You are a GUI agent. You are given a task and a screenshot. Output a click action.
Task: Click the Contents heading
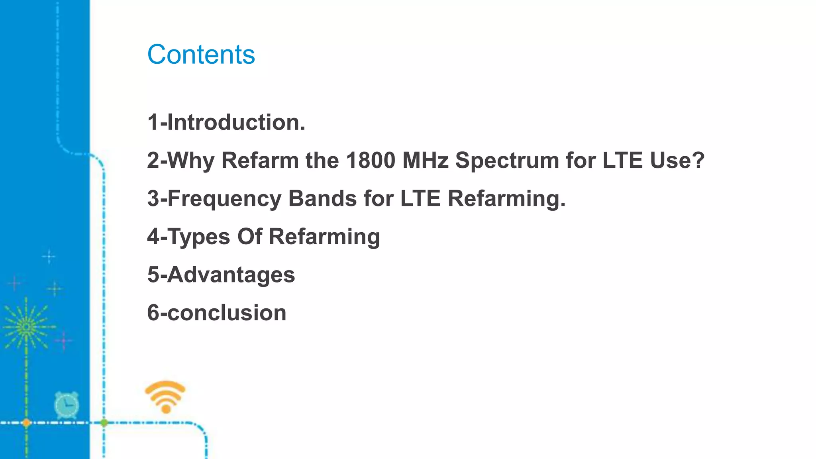pos(201,55)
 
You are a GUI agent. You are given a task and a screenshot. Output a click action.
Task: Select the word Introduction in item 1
pos(236,122)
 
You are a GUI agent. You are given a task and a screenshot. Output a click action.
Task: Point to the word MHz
pos(425,160)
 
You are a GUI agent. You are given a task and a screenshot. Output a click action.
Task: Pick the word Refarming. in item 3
pos(506,199)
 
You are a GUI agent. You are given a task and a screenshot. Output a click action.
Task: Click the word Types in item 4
pos(198,237)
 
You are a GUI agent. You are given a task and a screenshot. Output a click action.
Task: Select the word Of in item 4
pos(250,236)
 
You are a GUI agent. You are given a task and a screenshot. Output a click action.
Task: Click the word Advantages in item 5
pos(231,275)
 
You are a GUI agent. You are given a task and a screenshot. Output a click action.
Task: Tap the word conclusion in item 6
pos(226,313)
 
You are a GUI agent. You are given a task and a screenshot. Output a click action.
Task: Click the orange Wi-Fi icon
pos(165,397)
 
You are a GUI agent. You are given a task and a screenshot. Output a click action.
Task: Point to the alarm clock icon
pos(67,405)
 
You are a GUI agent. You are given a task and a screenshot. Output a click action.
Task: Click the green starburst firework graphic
pos(26,327)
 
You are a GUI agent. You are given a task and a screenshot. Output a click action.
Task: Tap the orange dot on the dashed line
pos(26,423)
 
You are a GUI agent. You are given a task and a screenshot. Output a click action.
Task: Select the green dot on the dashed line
pos(104,423)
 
